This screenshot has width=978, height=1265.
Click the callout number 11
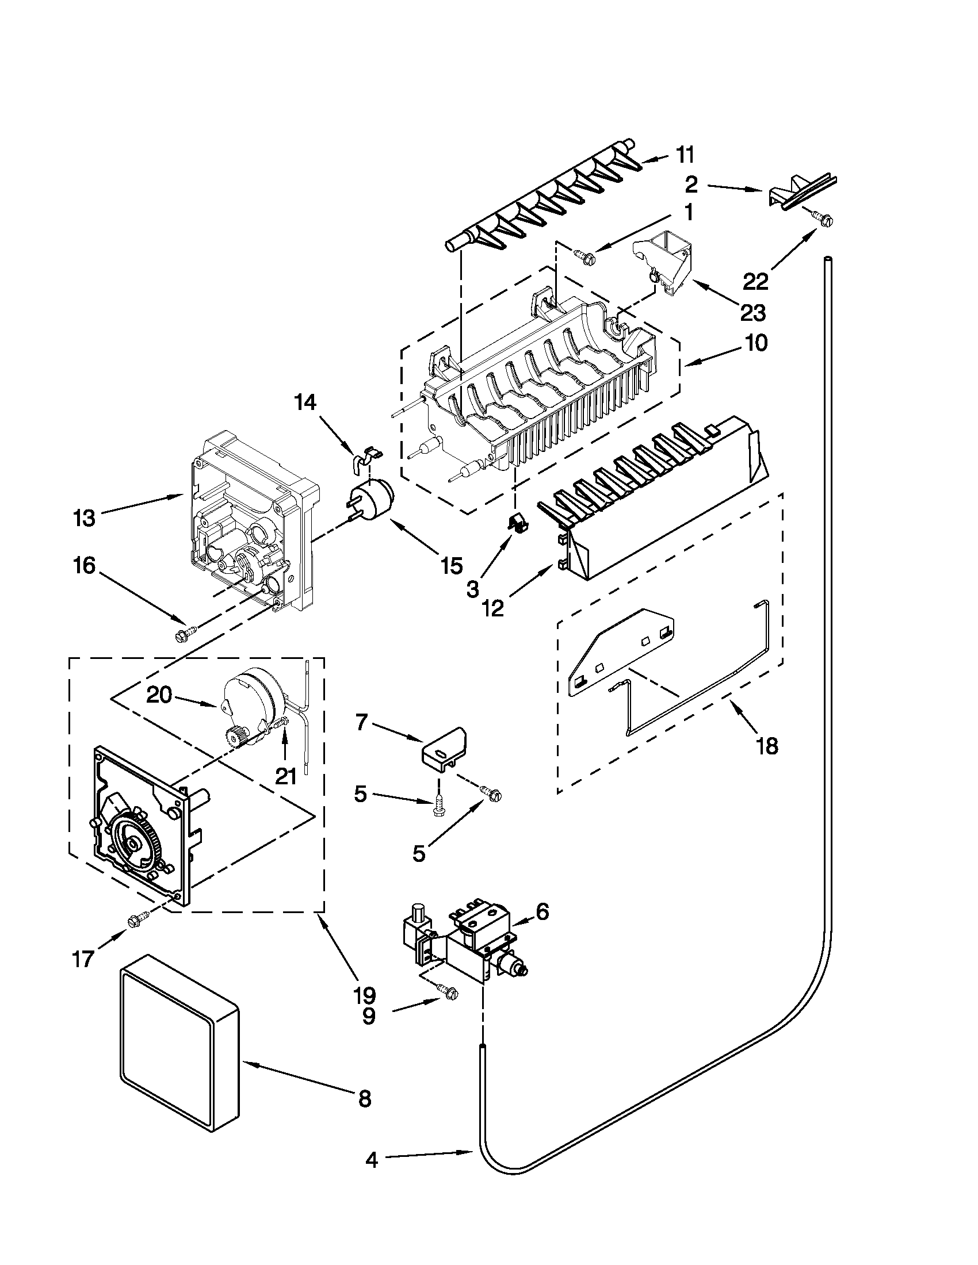pyautogui.click(x=685, y=155)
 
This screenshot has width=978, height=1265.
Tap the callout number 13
pyautogui.click(x=85, y=517)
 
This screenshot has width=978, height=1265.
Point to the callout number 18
pyautogui.click(x=767, y=746)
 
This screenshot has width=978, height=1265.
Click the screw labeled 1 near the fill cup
pyautogui.click(x=581, y=254)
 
